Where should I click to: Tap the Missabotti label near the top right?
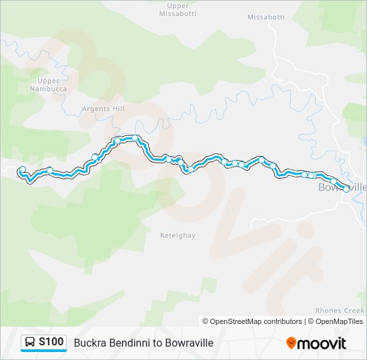click(266, 17)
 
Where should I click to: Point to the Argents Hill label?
click(103, 109)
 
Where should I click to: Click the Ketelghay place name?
click(177, 235)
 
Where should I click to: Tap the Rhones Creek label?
click(339, 311)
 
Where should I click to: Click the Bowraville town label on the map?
click(342, 187)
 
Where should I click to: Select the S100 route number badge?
click(51, 342)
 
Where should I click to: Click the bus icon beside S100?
click(31, 343)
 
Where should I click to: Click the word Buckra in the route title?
click(90, 343)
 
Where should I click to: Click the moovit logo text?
click(322, 343)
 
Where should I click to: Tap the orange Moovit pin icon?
click(291, 343)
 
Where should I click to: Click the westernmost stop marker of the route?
click(23, 169)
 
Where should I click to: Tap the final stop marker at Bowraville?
click(346, 189)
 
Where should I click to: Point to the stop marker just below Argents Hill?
click(117, 141)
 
